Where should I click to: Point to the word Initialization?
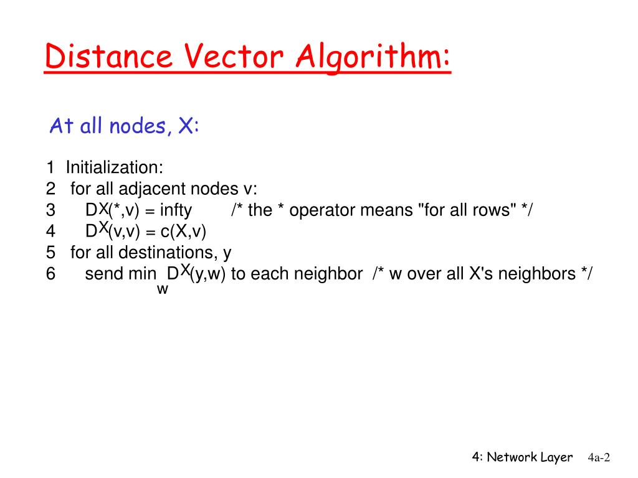click(115, 168)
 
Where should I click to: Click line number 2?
click(50, 189)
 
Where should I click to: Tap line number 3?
click(50, 210)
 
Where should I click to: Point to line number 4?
click(50, 232)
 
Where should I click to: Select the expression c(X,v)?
click(183, 232)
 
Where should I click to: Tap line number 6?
click(50, 274)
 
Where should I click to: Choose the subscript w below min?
click(162, 289)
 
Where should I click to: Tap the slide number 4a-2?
click(598, 458)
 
